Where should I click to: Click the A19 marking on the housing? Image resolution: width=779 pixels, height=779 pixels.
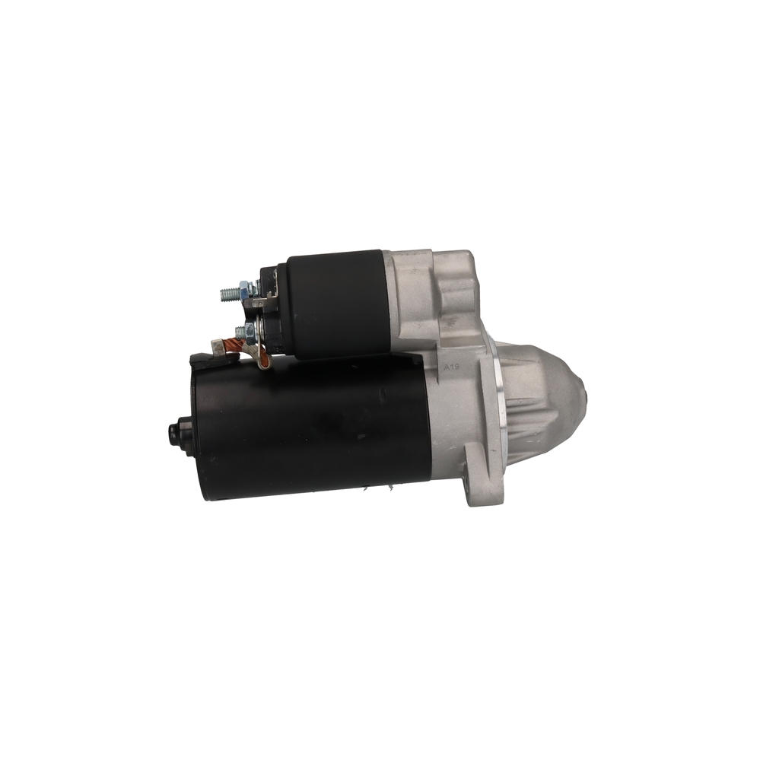tap(451, 367)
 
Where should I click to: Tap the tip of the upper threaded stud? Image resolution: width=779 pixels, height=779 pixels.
tap(221, 294)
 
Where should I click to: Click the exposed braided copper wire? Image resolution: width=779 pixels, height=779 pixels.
tap(233, 345)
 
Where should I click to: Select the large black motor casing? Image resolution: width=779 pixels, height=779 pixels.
tap(310, 428)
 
